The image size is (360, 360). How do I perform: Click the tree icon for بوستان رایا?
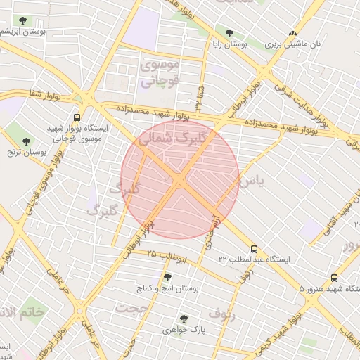[x=229, y=32]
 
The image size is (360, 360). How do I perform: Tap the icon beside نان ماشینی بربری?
[x=293, y=32]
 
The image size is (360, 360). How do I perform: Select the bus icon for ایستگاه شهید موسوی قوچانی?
[x=77, y=118]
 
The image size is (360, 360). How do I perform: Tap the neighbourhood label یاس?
[x=252, y=181]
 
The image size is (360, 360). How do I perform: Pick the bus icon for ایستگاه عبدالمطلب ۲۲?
[x=254, y=249]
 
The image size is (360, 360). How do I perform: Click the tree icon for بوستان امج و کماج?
[x=167, y=277]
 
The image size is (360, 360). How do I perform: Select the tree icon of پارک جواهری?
[x=184, y=319]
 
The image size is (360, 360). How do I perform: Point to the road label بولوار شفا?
[x=46, y=93]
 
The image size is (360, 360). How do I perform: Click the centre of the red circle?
[x=180, y=180]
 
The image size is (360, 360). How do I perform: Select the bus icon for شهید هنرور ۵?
[x=334, y=278]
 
